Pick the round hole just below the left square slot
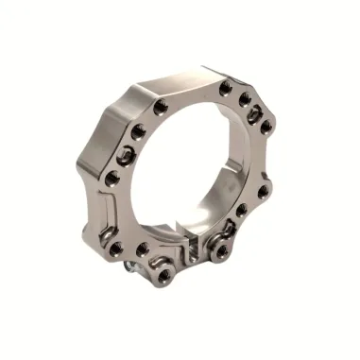tap(111, 178)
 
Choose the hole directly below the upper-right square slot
tap(267, 125)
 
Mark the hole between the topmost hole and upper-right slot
tap(245, 98)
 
